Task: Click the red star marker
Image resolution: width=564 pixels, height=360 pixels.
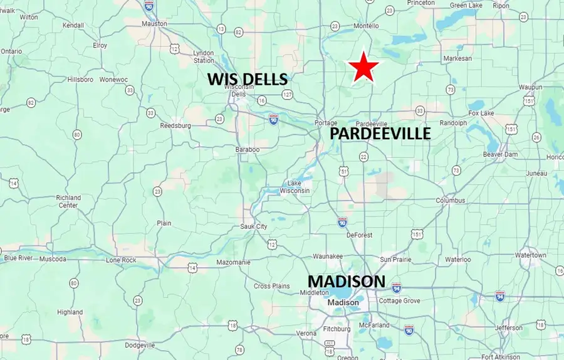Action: click(364, 68)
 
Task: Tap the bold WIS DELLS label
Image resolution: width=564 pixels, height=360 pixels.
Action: click(248, 79)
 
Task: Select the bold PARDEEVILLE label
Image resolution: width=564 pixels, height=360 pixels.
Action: click(380, 134)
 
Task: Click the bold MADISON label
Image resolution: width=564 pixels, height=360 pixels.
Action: click(345, 281)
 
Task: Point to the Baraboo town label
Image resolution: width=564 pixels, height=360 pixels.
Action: click(248, 149)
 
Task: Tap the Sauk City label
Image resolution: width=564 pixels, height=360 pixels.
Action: click(254, 226)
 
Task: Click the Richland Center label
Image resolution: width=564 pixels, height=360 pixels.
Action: click(68, 201)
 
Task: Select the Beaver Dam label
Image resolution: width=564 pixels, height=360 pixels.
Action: click(500, 154)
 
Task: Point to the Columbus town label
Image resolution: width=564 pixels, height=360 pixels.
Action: click(451, 201)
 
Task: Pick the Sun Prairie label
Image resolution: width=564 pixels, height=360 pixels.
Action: click(395, 259)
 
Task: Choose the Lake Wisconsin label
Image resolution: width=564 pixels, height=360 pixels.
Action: click(295, 187)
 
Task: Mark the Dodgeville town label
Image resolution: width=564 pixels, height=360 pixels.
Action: click(140, 345)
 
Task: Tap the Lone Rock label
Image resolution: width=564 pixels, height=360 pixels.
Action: click(121, 260)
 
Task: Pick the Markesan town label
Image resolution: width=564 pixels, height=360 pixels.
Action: click(457, 58)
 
